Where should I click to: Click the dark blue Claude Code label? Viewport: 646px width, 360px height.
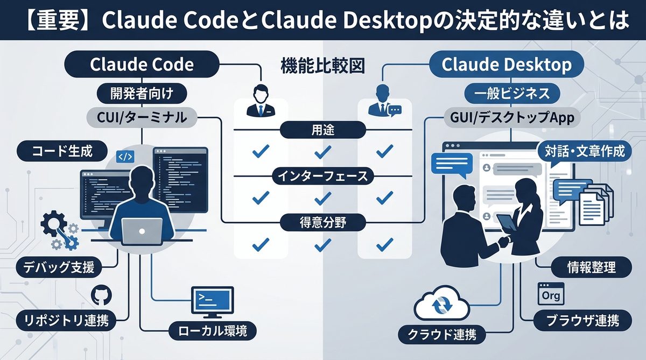click(x=142, y=65)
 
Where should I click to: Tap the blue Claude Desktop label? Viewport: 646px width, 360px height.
click(x=506, y=65)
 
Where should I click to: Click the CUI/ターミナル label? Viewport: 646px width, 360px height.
click(x=142, y=117)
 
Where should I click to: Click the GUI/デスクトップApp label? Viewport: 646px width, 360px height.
click(x=506, y=117)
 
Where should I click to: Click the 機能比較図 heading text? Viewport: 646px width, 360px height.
click(x=323, y=66)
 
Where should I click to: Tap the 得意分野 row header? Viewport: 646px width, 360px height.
click(x=323, y=222)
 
